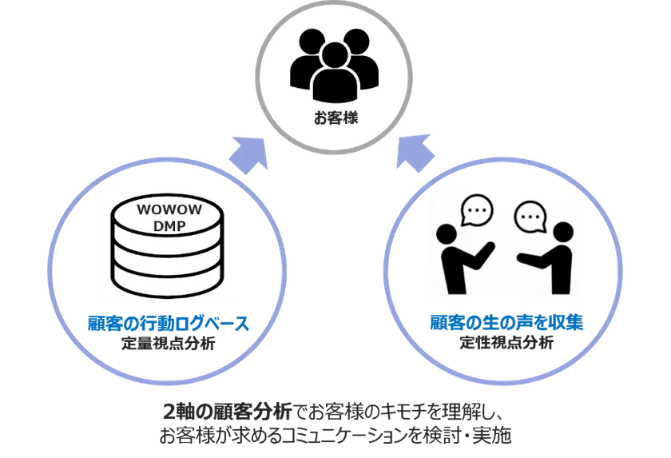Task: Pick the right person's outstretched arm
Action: [x=531, y=260]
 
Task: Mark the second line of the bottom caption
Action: [x=335, y=436]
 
